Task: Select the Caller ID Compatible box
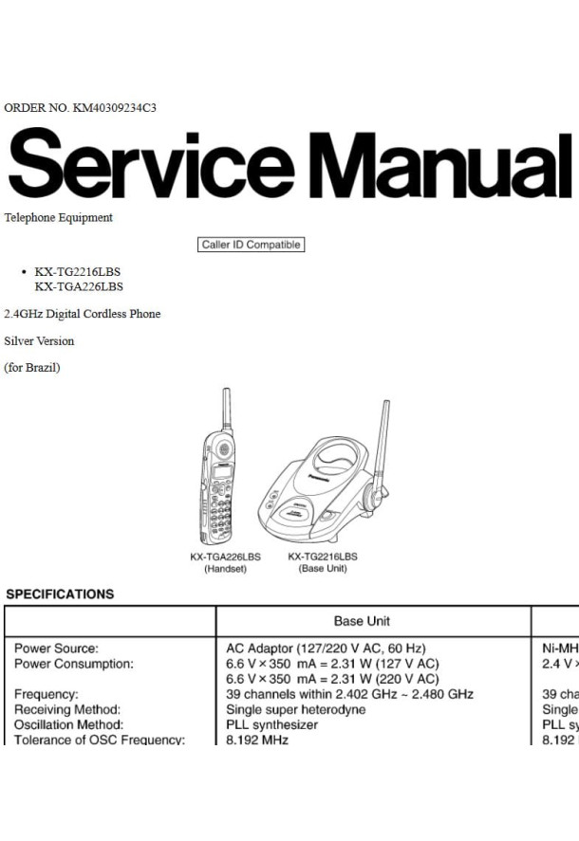[x=252, y=245]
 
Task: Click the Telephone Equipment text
[x=59, y=217]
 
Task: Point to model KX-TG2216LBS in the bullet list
[x=78, y=271]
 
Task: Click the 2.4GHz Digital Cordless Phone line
[x=83, y=314]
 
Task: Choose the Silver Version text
[x=39, y=340]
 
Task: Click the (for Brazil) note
[x=32, y=368]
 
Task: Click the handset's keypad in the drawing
[x=221, y=513]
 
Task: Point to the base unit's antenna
[x=382, y=441]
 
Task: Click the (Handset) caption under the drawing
[x=225, y=569]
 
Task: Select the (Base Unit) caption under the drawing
[x=323, y=569]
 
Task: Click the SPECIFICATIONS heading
[x=60, y=594]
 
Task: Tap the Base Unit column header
[x=362, y=621]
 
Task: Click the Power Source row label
[x=56, y=649]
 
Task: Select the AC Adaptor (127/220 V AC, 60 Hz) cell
[x=326, y=649]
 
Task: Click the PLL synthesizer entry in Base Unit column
[x=272, y=724]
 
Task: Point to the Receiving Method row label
[x=67, y=709]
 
